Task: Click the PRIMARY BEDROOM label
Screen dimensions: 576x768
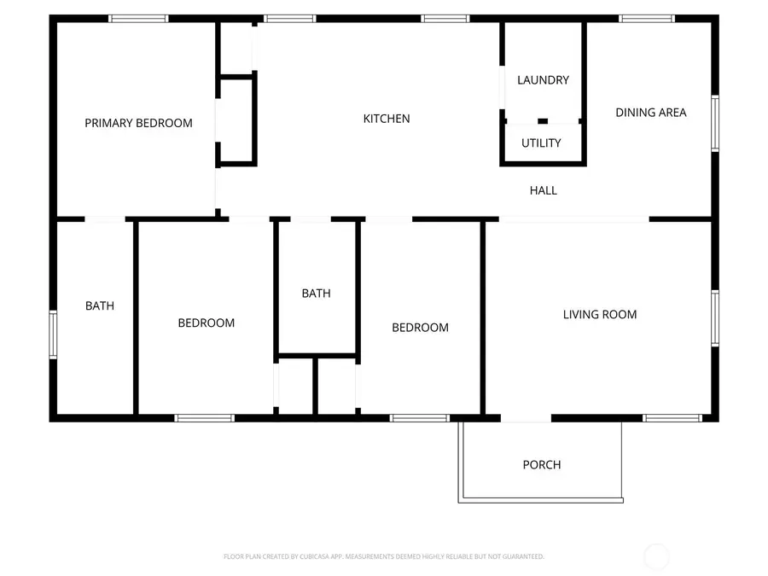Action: pos(138,123)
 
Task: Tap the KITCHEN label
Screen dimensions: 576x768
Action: pos(387,119)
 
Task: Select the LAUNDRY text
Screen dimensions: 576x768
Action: pos(543,80)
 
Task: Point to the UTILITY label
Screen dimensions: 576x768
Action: pos(541,143)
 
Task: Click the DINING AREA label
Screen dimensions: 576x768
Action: pos(650,113)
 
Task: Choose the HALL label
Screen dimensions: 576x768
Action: pos(543,190)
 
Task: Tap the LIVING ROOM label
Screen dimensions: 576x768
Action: pos(599,315)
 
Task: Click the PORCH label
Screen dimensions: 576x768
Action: pos(542,465)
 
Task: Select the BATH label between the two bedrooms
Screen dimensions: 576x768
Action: pos(316,294)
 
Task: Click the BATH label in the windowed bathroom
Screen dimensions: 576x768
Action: pos(99,305)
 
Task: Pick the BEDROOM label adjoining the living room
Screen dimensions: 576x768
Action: pos(420,328)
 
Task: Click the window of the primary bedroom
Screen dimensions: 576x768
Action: pos(138,19)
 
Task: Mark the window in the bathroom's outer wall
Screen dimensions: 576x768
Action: pos(53,334)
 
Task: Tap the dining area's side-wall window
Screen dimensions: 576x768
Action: pos(715,124)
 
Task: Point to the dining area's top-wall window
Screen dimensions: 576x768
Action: pos(646,19)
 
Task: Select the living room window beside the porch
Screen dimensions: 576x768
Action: pos(672,418)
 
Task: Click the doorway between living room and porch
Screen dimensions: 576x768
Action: pos(526,418)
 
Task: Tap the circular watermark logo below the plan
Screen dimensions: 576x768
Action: pos(656,557)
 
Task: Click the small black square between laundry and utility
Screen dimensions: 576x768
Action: pos(543,121)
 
